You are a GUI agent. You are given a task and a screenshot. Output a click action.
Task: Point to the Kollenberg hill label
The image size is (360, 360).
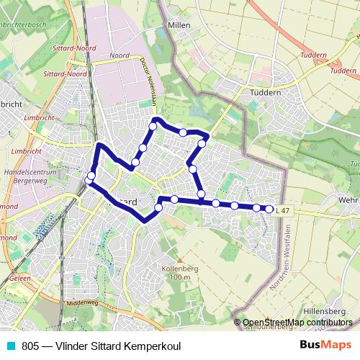[x=180, y=267]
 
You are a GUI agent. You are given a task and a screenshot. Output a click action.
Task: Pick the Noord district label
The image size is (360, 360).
[x=120, y=55]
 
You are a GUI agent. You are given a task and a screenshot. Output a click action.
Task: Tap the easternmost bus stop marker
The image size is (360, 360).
[x=270, y=209]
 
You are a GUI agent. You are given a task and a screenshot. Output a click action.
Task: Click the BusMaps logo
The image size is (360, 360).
[x=325, y=345]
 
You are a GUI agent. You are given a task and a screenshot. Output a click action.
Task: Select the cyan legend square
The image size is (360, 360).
[x=11, y=346]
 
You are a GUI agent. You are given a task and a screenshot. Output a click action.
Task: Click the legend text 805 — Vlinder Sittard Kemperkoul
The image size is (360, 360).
[x=101, y=346]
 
